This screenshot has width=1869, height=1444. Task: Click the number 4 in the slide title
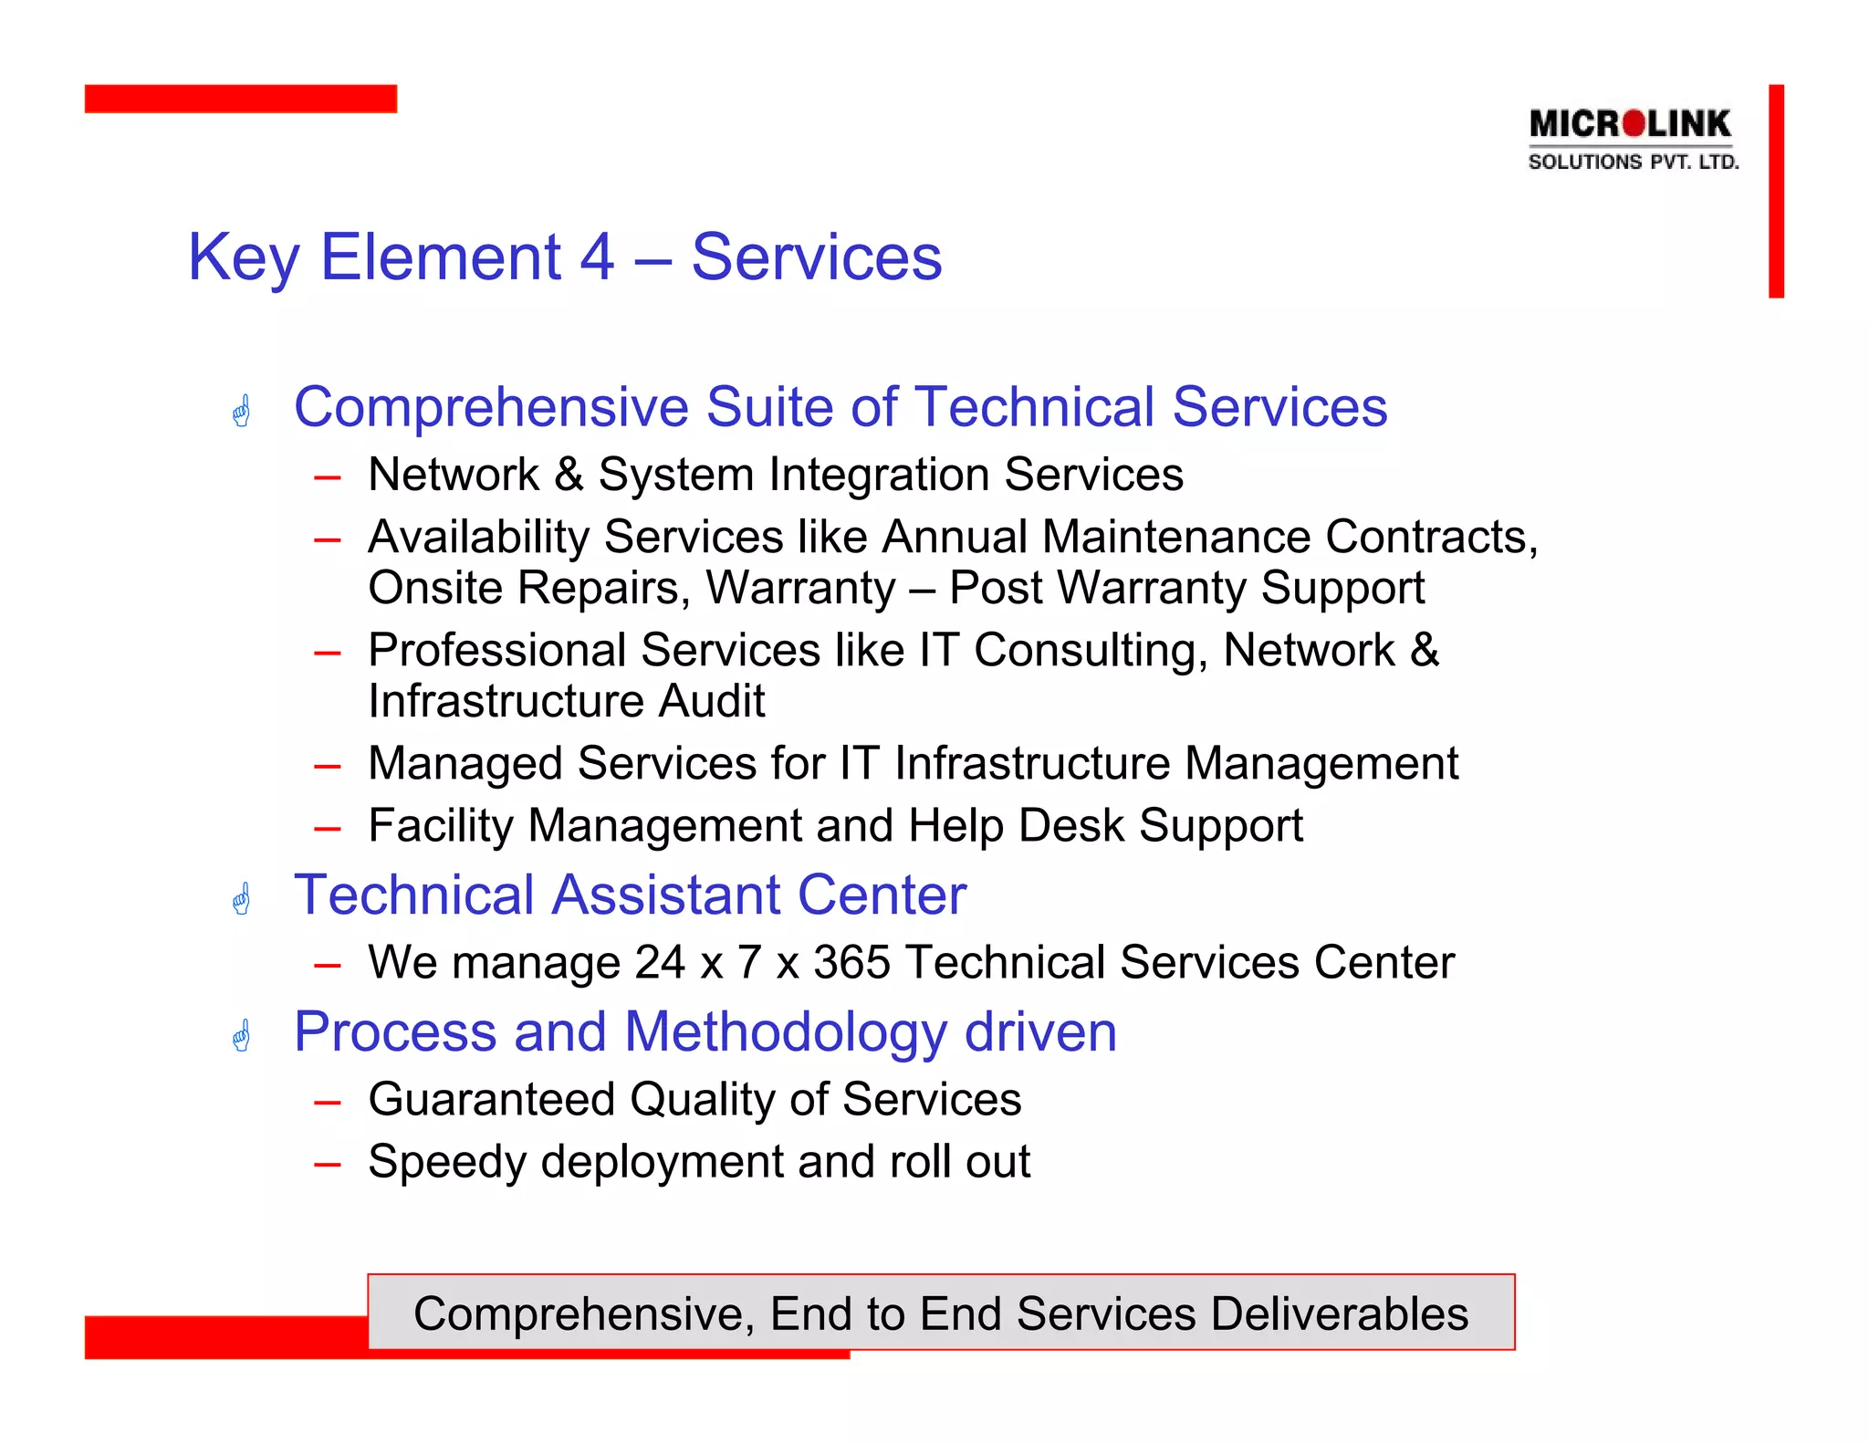tap(598, 257)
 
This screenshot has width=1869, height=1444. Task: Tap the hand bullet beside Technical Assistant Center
tap(242, 899)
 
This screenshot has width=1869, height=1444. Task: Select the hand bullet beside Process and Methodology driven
tap(242, 1036)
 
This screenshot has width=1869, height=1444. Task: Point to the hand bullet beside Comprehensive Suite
tap(242, 411)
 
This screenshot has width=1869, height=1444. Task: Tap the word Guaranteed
tap(491, 1099)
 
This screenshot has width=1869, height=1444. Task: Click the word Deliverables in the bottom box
tap(1340, 1314)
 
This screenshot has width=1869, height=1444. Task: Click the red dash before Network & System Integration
tap(327, 477)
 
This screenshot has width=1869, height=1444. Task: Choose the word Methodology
tap(786, 1033)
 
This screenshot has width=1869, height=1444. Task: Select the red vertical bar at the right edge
tap(1776, 191)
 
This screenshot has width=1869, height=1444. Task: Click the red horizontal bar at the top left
tap(240, 99)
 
